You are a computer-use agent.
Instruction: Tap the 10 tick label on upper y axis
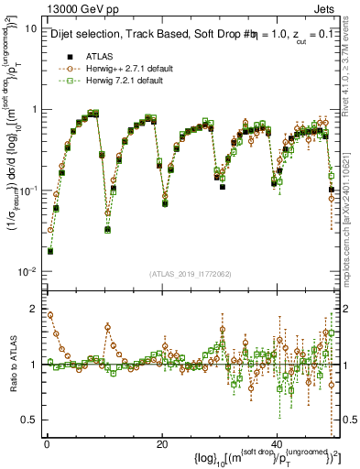coord(30,28)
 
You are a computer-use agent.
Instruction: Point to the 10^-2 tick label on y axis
coord(27,272)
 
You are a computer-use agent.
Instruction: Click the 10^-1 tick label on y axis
coord(27,191)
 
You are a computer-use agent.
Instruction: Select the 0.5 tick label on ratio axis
coord(29,420)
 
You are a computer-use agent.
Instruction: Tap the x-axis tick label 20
coord(162,443)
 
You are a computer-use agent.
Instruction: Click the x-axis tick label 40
coord(278,443)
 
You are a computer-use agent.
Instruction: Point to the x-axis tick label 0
coord(46,443)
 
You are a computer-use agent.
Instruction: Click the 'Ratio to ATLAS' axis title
coord(11,365)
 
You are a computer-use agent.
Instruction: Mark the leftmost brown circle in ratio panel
coord(49,315)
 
